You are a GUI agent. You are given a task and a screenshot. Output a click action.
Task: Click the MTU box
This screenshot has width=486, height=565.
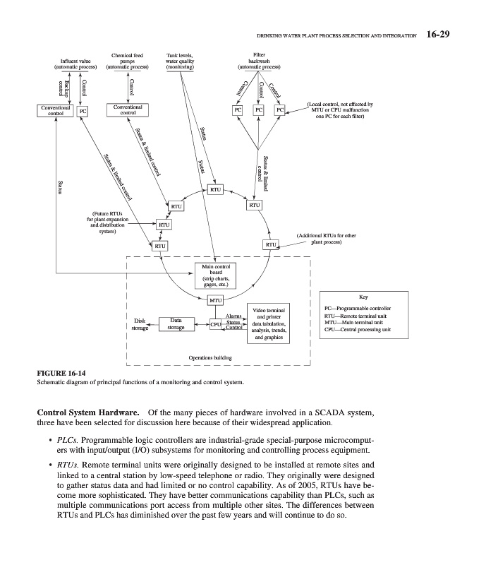click(x=214, y=301)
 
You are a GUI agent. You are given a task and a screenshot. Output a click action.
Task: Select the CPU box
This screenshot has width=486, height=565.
click(x=217, y=324)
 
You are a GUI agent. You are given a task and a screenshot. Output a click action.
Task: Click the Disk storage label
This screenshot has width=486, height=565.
click(x=140, y=324)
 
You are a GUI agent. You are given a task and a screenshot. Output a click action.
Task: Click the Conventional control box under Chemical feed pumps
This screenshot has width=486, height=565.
click(x=128, y=110)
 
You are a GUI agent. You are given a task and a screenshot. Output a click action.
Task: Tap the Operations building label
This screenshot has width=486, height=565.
click(x=211, y=357)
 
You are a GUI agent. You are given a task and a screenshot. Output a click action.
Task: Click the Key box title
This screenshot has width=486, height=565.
click(x=363, y=297)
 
